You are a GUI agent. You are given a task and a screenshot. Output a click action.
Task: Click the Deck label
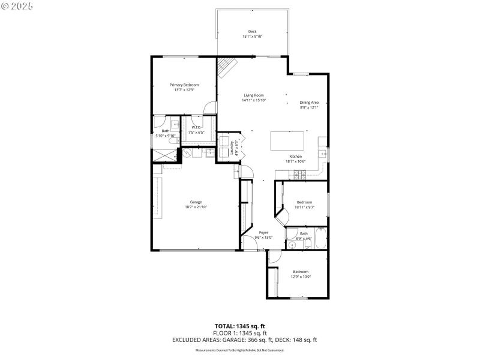[x=253, y=31]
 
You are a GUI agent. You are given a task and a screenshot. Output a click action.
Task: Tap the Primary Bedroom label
[x=184, y=85]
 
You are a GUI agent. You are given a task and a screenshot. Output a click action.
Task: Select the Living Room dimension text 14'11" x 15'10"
[x=253, y=101]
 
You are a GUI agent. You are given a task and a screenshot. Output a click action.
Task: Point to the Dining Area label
[x=309, y=103]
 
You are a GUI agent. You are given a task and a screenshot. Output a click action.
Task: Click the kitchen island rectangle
[x=287, y=141]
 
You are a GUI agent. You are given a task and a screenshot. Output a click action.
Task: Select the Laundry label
[x=232, y=148]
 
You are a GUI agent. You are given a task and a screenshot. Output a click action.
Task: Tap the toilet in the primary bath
[x=166, y=131]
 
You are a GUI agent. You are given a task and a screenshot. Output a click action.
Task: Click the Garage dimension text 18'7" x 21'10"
[x=196, y=207]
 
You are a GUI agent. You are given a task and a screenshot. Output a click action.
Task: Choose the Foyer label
[x=263, y=232]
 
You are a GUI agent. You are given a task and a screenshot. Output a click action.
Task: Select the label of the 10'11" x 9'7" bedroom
[x=304, y=202]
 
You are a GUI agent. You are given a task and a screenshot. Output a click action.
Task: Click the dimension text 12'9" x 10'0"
[x=301, y=277]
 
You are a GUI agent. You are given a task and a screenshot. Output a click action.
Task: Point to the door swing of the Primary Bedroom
[x=209, y=108]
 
